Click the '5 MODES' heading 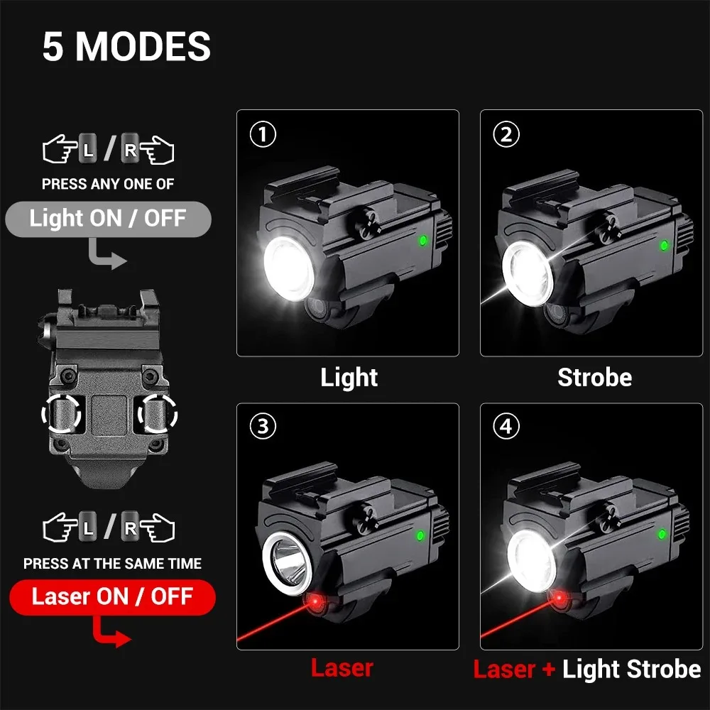coord(126,46)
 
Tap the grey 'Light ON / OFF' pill coord(108,219)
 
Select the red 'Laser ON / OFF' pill coord(112,597)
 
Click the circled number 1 coord(263,134)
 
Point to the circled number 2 coord(506,134)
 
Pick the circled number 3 coord(263,426)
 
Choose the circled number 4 coord(506,426)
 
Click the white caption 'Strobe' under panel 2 coord(594,377)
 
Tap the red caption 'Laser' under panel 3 coord(342,668)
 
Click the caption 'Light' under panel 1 coord(349,378)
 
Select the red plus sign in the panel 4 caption coord(549,670)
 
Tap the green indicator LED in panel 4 coord(662,534)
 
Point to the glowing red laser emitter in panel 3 coord(316,601)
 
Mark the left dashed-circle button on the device coord(61,413)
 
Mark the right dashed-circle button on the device coord(158,413)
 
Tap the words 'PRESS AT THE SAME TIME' coord(112,563)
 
